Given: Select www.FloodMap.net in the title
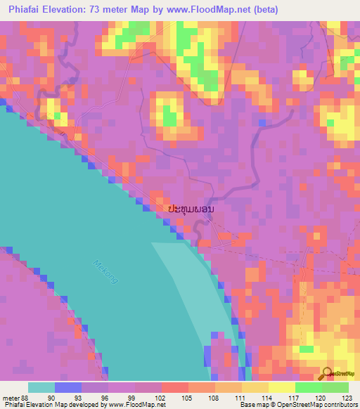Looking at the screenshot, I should tap(213, 10).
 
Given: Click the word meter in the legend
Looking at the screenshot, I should tap(9, 397).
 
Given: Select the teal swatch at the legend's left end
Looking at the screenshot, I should tap(41, 387).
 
